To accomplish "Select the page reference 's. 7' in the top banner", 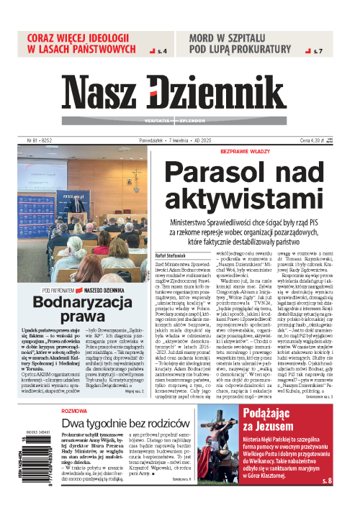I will pyautogui.click(x=318, y=52).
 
